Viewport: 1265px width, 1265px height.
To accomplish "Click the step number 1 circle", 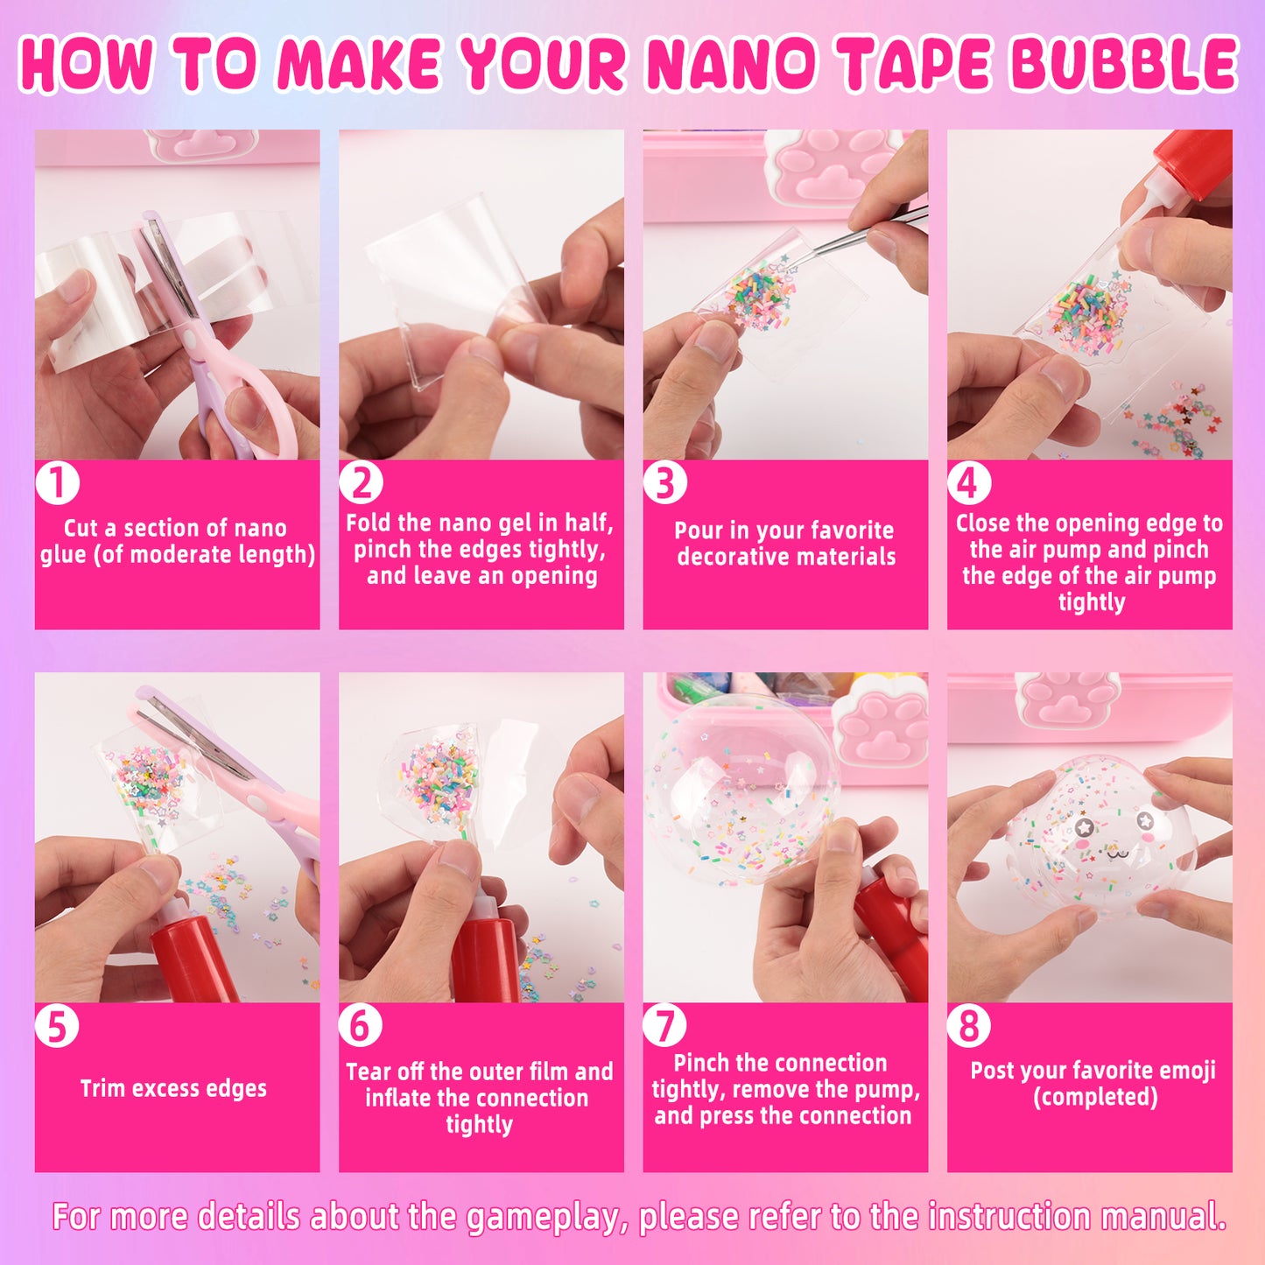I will pos(58,482).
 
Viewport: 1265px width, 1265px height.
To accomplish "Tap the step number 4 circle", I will pos(969,482).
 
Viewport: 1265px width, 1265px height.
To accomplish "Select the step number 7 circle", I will pos(664,1025).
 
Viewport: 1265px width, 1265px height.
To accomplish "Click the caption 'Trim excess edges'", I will pos(173,1088).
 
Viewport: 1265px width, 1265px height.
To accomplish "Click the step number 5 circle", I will pos(58,1025).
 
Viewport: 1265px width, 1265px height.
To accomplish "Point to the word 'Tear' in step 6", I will pos(369,1072).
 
